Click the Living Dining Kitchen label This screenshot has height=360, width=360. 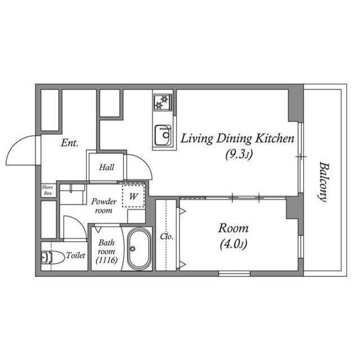point(236,138)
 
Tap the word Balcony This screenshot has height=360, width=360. point(323,181)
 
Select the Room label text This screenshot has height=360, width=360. point(233,228)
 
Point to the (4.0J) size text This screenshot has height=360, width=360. point(233,244)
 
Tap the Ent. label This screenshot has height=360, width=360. point(69,143)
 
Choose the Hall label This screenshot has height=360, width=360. point(107,167)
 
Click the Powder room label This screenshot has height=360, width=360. point(104,206)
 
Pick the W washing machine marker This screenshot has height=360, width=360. point(134,197)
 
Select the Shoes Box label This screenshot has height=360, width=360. point(48,190)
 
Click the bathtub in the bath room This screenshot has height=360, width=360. point(137,249)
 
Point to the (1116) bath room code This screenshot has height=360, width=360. point(106,260)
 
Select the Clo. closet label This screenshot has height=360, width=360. point(166,236)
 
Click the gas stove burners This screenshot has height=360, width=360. point(163,102)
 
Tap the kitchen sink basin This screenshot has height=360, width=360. point(163,134)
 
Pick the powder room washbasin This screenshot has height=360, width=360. point(72,194)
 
